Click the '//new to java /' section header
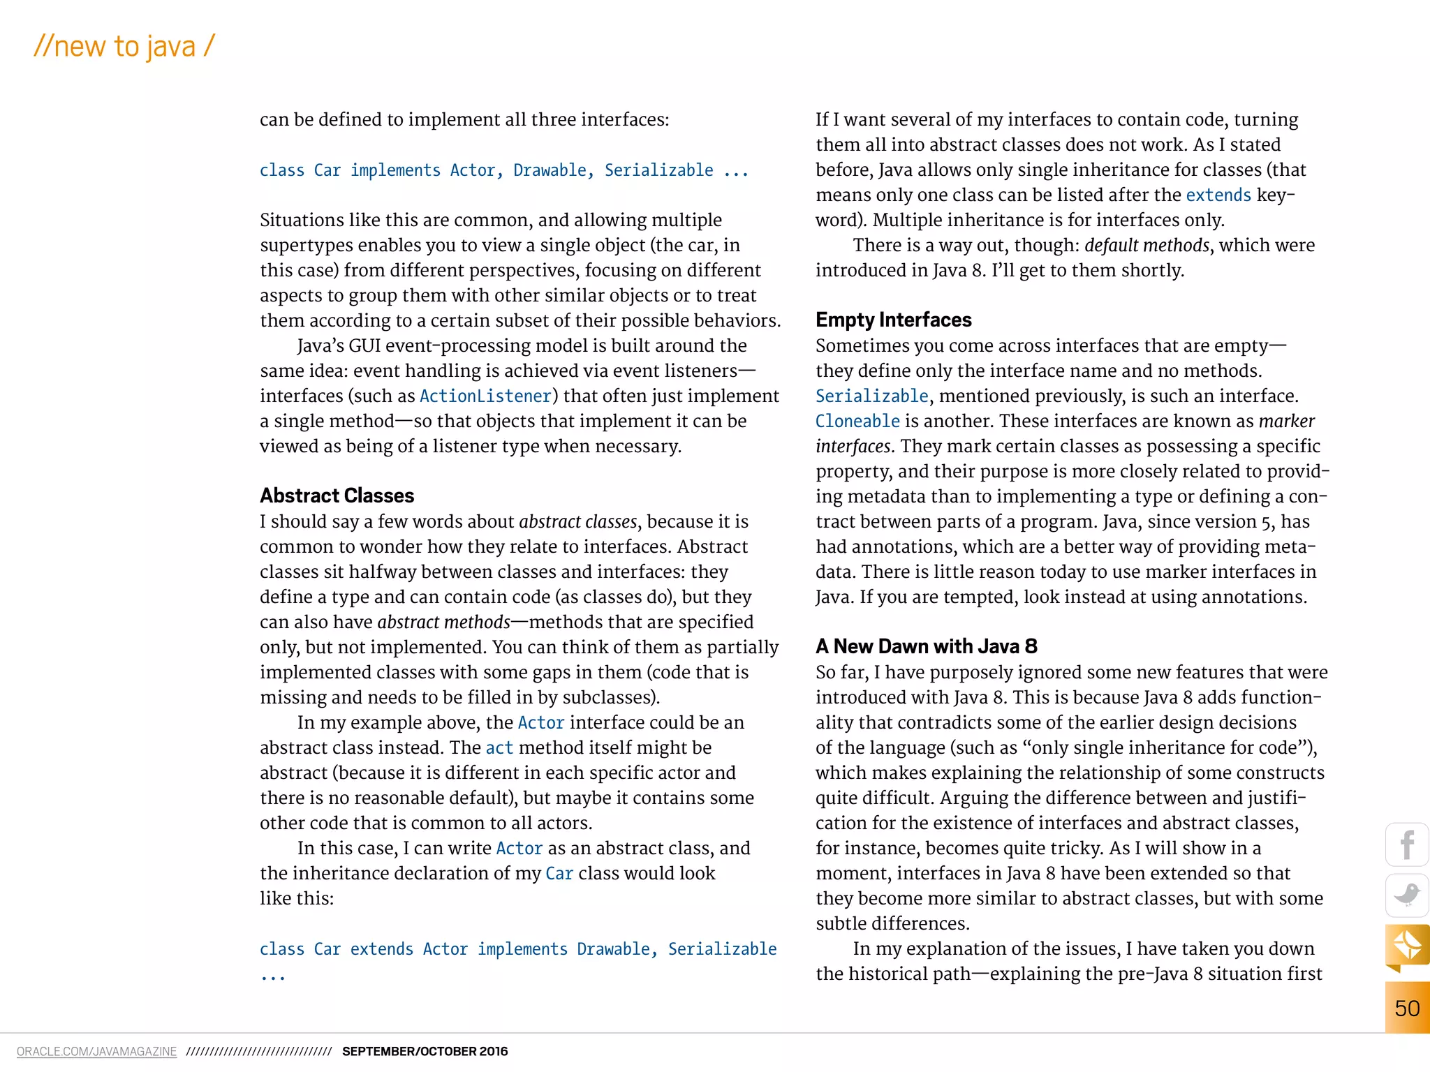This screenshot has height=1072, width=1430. pos(124,47)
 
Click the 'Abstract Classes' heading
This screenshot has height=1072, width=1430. pos(337,496)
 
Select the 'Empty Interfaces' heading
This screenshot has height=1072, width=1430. pos(893,320)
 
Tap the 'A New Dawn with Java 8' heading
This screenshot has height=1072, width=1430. pos(926,646)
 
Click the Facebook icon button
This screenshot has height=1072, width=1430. pos(1407,844)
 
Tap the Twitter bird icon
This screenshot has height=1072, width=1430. pos(1407,895)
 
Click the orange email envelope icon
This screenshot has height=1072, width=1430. pos(1407,946)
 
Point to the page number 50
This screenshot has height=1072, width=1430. pos(1407,1008)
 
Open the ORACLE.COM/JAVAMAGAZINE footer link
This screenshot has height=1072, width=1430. pos(96,1052)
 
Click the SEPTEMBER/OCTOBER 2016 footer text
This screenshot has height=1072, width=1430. pos(425,1052)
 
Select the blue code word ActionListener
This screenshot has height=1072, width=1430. pos(486,396)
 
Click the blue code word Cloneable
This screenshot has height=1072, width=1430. pos(857,422)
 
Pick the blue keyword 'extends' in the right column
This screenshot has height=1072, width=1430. pos(1218,195)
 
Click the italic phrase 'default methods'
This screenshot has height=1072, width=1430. pos(1147,246)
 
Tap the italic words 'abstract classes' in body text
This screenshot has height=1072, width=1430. pos(578,522)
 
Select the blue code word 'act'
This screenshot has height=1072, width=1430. pos(499,748)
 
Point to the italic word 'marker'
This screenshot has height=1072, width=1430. pos(1286,422)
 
